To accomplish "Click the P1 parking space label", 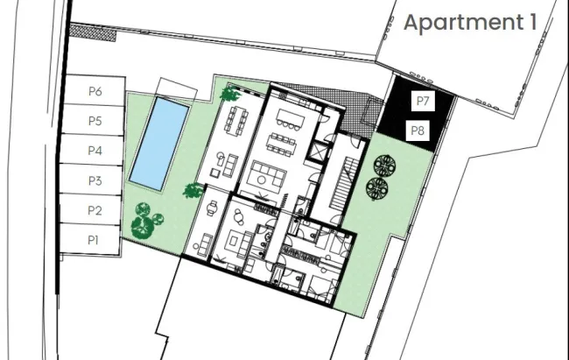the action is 93,240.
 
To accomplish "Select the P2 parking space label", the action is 95,210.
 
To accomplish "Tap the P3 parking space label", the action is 95,180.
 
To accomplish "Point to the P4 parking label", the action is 95,151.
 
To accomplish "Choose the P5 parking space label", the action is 95,121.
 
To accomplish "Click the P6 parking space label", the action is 95,91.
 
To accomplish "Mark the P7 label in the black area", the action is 423,101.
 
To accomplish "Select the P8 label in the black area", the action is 418,131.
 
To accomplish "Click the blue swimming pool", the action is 159,143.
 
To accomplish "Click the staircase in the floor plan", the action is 342,182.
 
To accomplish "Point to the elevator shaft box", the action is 319,152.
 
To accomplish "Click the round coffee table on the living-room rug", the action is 262,179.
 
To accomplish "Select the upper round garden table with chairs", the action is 384,166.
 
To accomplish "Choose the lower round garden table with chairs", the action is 377,188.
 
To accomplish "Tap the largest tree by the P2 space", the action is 142,227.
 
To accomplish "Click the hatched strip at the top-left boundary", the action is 93,32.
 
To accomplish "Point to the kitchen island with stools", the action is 290,118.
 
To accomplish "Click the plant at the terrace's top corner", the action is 229,94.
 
